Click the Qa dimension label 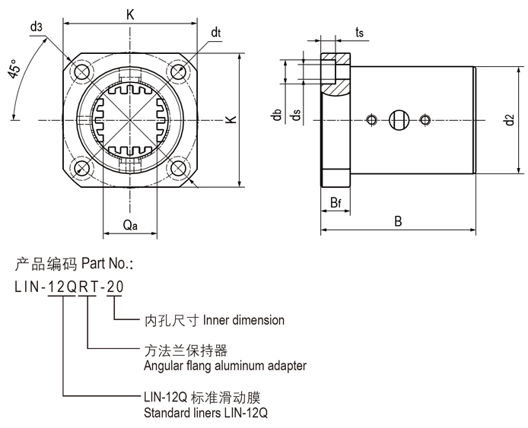130,226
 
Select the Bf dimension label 335,203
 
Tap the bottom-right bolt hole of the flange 179,167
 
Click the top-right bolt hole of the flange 179,72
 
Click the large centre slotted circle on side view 399,119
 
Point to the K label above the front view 132,13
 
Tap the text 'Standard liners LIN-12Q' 205,414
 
